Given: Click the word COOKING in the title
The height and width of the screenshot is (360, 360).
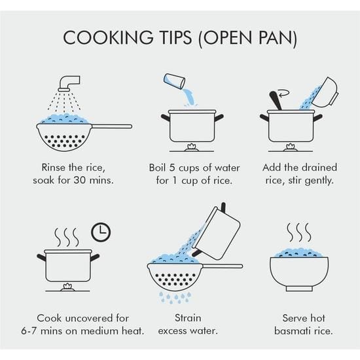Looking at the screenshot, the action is coord(108,37).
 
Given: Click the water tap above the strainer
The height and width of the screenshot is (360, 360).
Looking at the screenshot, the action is coord(69,84).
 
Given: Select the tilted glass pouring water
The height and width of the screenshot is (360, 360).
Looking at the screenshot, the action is coord(174,81).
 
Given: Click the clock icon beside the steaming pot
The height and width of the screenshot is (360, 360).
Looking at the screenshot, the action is coord(101,232).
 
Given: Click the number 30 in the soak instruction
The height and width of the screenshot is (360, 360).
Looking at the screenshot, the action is coord(80,180).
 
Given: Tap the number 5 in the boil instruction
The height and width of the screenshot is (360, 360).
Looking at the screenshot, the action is coord(172,168).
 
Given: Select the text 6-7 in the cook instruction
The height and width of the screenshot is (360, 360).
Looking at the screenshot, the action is coord(28,331).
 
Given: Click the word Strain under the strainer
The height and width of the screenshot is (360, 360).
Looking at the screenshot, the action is coord(188,318).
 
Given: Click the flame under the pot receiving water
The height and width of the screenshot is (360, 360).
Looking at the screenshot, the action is coord(192,146).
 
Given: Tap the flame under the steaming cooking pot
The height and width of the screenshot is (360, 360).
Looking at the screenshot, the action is coord(67,286).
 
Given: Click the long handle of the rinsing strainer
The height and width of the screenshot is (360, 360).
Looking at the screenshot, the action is coord(112,126).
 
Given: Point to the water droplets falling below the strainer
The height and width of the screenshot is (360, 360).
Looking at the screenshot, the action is coord(175,297).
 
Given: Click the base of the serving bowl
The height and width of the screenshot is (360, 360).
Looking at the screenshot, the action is coord(299,289).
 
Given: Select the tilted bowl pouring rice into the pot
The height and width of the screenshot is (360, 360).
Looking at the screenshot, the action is coord(325,92).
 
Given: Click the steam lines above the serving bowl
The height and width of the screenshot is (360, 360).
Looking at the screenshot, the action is coord(299,232).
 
